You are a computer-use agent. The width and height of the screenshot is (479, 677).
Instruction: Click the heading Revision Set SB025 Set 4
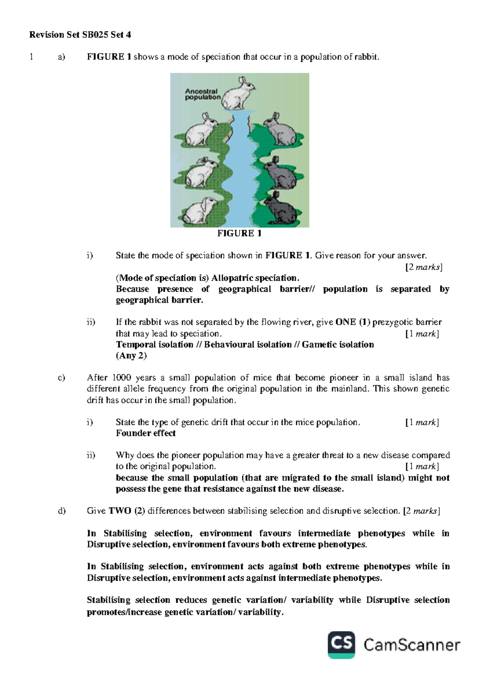80,35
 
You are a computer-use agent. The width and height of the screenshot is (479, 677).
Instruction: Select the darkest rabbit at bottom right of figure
281,210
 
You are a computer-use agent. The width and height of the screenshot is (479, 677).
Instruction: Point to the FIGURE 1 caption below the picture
239,234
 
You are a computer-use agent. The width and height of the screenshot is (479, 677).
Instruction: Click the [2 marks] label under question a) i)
424,267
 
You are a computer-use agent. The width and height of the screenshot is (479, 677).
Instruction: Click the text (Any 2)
131,356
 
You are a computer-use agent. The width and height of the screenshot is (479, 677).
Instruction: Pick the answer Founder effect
146,433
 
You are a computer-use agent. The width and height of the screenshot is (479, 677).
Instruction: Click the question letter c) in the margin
61,378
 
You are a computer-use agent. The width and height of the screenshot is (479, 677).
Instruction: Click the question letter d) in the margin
61,511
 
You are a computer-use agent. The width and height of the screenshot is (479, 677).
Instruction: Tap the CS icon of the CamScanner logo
342,645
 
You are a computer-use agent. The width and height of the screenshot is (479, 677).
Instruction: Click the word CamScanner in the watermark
412,645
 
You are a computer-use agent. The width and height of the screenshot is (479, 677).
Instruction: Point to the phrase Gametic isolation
338,344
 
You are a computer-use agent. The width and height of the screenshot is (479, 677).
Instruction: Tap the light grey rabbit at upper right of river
281,130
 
